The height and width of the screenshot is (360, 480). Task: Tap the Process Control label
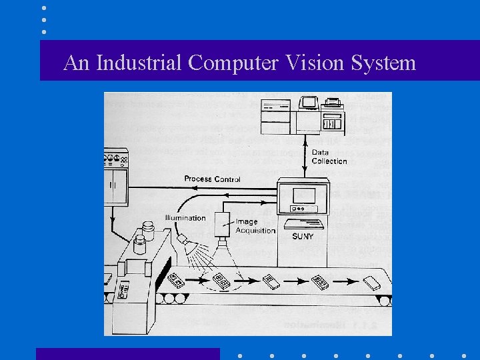(x=212, y=179)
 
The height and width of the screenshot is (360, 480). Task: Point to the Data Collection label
(x=329, y=157)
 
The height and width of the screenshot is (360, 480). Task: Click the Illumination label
(x=185, y=218)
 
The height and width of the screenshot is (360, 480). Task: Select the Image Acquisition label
(x=255, y=226)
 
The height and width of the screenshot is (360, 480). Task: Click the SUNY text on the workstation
(x=304, y=236)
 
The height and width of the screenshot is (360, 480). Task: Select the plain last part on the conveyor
(x=371, y=282)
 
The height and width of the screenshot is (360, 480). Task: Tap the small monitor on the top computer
(x=308, y=103)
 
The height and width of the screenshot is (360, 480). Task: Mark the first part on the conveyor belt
(x=177, y=280)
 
